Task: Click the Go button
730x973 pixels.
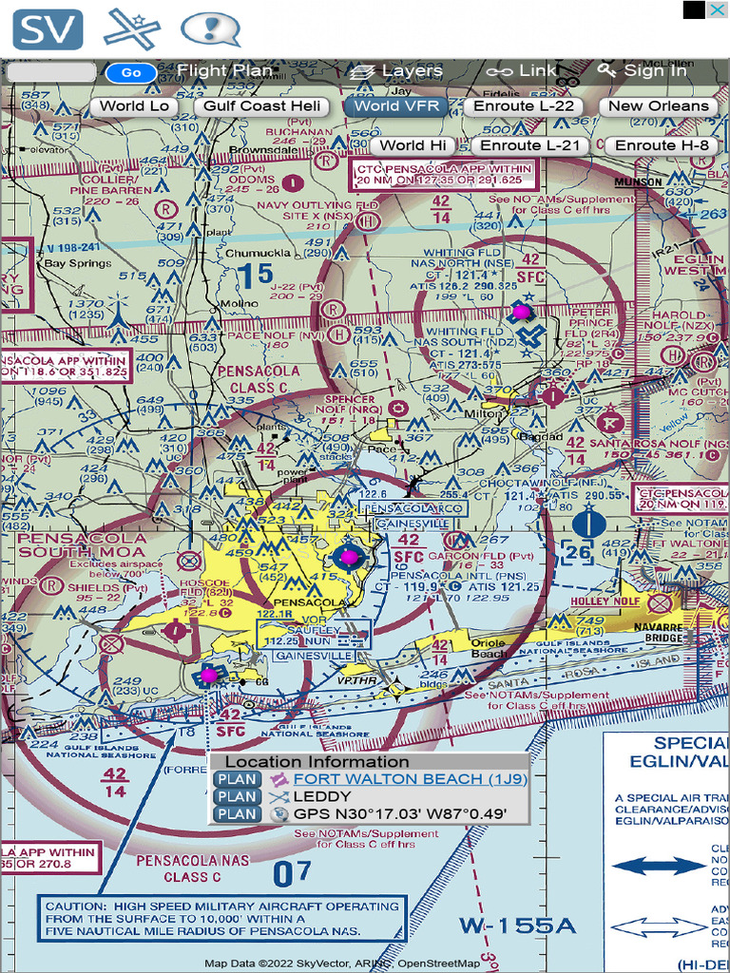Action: (x=131, y=72)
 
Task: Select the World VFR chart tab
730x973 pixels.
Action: (x=396, y=106)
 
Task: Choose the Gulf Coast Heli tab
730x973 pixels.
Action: (x=262, y=106)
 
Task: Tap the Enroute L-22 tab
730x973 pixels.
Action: (x=524, y=106)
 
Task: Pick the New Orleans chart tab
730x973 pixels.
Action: (x=659, y=106)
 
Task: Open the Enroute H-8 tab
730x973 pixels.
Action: (x=662, y=145)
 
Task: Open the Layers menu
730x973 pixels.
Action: (x=396, y=71)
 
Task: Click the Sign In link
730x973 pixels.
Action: (x=643, y=71)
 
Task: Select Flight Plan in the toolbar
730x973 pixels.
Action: (x=224, y=71)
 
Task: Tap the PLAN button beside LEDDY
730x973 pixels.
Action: (x=237, y=796)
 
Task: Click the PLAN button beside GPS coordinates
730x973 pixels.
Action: (x=237, y=814)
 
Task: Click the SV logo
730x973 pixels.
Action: (x=48, y=29)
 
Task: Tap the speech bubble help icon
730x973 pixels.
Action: (x=210, y=29)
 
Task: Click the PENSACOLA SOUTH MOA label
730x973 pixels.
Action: (x=82, y=545)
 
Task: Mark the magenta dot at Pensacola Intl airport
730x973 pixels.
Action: (x=349, y=556)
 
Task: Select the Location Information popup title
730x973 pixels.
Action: (x=317, y=762)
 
